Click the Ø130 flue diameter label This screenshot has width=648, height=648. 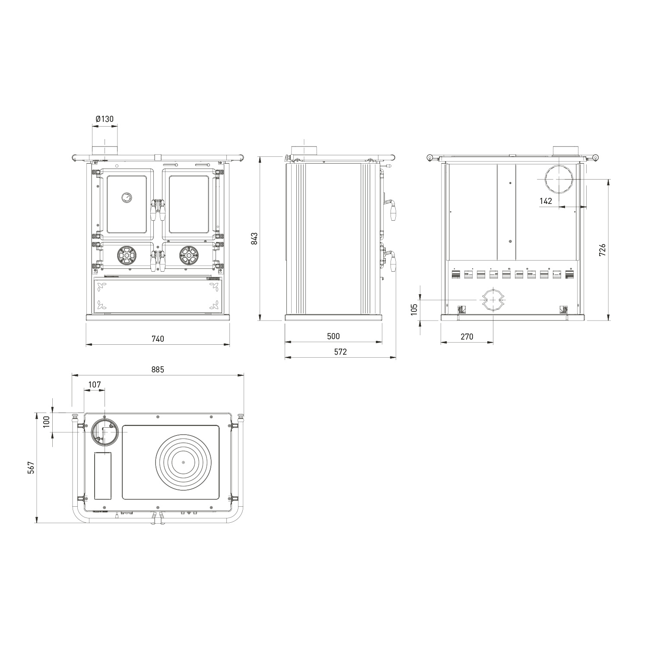point(105,119)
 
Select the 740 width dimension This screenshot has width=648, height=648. point(158,339)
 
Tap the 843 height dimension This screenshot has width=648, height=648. point(254,239)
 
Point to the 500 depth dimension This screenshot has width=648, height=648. point(334,336)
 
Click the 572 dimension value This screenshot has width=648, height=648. point(340,352)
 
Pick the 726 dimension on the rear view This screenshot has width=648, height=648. point(603,250)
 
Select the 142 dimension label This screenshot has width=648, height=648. point(546,201)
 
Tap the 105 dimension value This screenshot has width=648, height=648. point(414,309)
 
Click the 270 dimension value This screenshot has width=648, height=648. point(467,337)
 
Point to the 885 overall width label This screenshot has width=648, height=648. point(158,369)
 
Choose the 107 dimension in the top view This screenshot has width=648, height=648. point(94,384)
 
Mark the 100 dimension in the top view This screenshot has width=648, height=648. point(47,421)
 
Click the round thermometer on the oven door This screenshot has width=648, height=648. point(126,197)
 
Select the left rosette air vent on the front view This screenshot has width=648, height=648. point(126,255)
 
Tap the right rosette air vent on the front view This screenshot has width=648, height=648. point(189,255)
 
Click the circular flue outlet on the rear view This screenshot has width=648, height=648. point(559,179)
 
